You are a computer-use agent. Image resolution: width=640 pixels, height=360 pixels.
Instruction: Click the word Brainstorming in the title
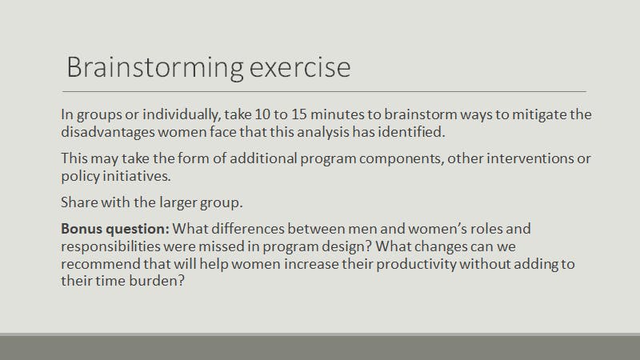(155, 68)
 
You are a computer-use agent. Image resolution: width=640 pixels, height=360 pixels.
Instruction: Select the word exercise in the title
(300, 68)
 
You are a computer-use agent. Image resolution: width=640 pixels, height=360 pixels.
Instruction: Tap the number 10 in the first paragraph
(262, 114)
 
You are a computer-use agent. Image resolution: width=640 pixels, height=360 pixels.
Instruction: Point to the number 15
(298, 114)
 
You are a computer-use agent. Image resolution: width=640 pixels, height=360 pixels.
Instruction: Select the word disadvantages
(108, 132)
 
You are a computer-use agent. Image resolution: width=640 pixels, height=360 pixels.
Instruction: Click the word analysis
(323, 132)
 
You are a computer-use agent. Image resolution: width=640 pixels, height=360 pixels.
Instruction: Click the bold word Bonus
(82, 229)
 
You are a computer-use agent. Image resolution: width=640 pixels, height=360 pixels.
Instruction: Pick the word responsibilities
(110, 247)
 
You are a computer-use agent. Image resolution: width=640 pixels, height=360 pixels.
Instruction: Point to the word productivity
(416, 265)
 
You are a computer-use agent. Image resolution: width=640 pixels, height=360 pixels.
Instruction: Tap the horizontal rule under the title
(324, 91)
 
